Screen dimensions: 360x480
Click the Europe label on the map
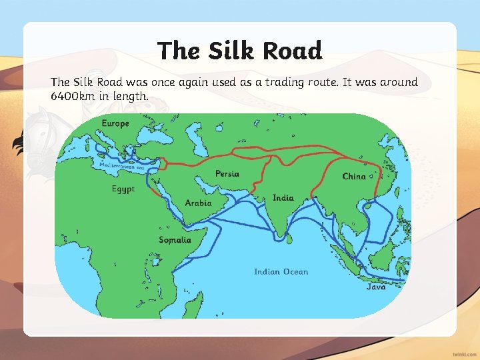115,123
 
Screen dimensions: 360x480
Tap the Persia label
227,174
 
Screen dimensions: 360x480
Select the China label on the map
354,176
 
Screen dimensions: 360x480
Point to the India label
283,198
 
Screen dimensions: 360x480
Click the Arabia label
198,203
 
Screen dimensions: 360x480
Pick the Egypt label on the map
123,189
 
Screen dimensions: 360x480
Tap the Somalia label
175,240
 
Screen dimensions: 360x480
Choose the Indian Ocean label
281,271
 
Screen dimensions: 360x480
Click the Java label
376,287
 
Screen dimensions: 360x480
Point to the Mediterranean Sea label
122,166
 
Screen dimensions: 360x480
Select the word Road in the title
292,51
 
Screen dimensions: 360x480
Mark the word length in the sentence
131,97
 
